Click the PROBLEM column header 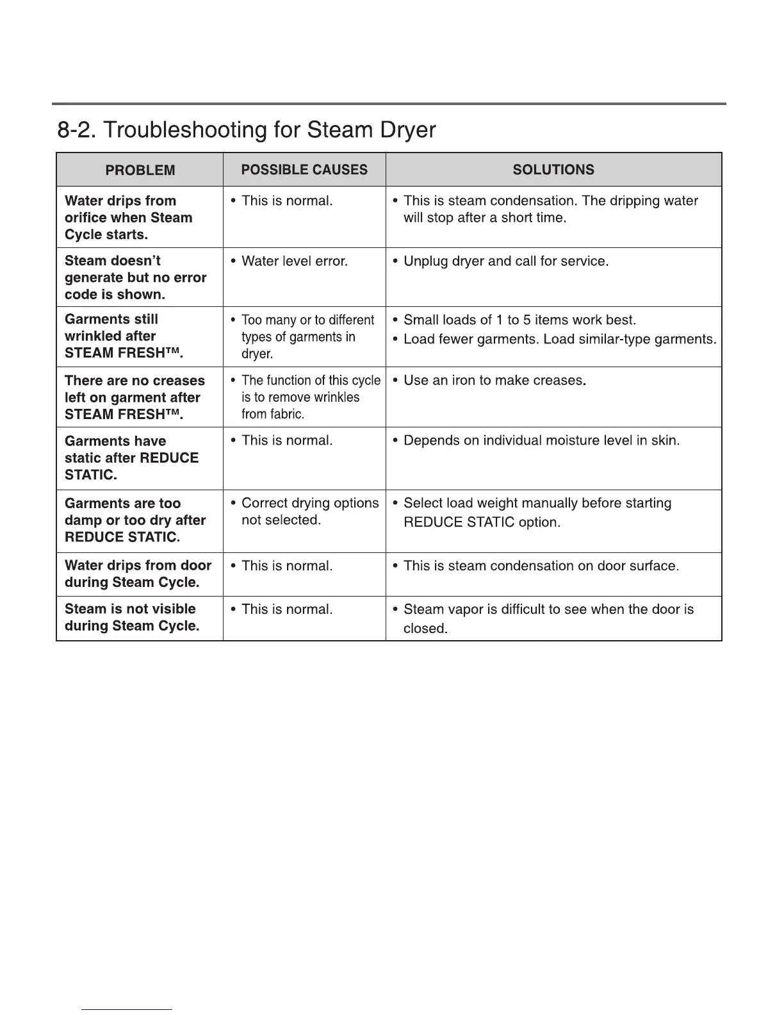click(140, 170)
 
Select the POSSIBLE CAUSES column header click(304, 170)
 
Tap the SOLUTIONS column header click(553, 170)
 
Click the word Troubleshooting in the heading click(183, 130)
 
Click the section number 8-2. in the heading click(77, 130)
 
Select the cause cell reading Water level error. click(294, 261)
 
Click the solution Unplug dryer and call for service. click(505, 261)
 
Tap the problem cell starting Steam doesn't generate click(135, 277)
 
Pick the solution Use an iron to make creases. click(494, 381)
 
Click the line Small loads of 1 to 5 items click(519, 320)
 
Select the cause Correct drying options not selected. click(309, 511)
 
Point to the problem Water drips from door click(138, 574)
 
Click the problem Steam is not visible click(131, 617)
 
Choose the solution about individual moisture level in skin click(541, 441)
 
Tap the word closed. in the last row click(425, 629)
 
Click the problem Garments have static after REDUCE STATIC click(131, 458)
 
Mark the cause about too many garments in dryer click(307, 336)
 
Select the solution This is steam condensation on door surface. click(541, 566)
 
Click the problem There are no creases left click(135, 397)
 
